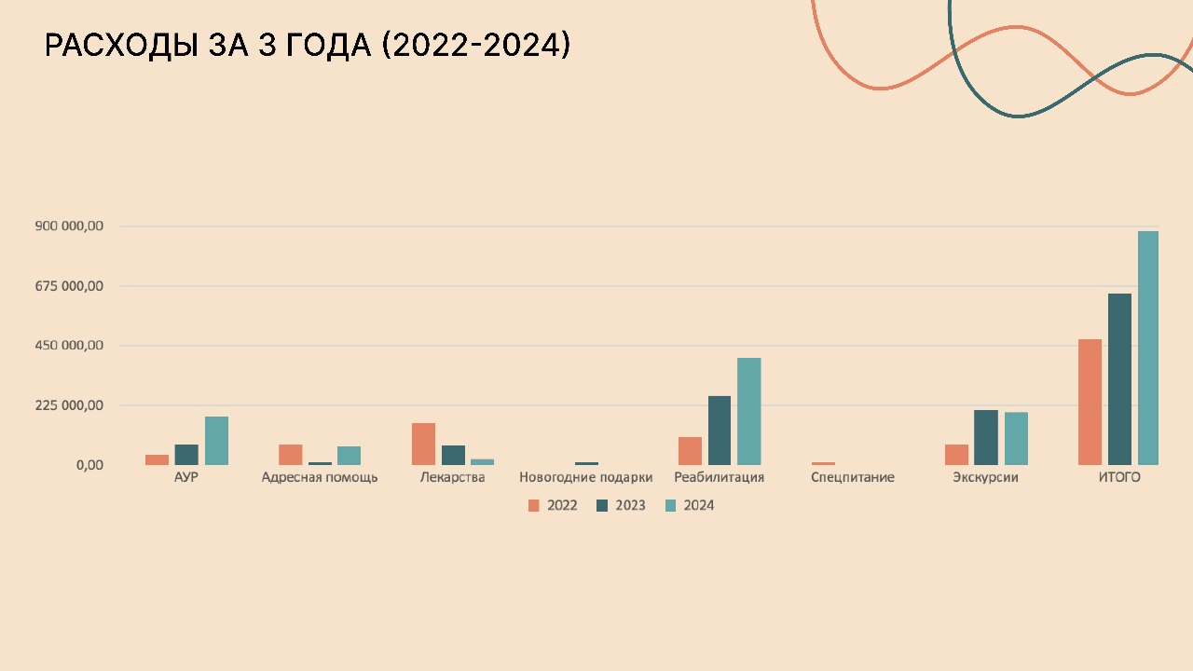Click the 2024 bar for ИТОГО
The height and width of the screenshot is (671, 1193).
pyautogui.click(x=1147, y=348)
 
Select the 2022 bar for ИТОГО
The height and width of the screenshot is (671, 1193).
pyautogui.click(x=1090, y=402)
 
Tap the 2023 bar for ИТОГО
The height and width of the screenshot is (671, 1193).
pyautogui.click(x=1119, y=379)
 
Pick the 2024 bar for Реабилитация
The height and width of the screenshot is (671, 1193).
pyautogui.click(x=748, y=411)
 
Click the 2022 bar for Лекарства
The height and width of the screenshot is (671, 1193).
pyautogui.click(x=423, y=444)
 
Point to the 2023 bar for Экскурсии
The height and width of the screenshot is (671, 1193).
pyautogui.click(x=986, y=437)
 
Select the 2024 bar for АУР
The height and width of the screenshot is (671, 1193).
pyautogui.click(x=216, y=440)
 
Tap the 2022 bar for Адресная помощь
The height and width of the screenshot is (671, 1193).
pyautogui.click(x=290, y=454)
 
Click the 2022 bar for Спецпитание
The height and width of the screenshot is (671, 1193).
pyautogui.click(x=823, y=463)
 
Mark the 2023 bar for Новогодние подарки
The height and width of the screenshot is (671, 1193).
pyautogui.click(x=586, y=463)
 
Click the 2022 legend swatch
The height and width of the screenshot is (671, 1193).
pyautogui.click(x=534, y=505)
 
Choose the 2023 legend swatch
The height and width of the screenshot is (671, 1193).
pyautogui.click(x=602, y=505)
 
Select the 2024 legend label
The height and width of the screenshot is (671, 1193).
pyautogui.click(x=699, y=505)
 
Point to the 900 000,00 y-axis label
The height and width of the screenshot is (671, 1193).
pyautogui.click(x=69, y=226)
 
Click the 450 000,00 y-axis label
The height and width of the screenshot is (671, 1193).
pyautogui.click(x=69, y=346)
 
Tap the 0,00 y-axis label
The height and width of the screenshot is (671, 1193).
pyautogui.click(x=89, y=465)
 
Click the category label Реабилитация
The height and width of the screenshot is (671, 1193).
pyautogui.click(x=719, y=477)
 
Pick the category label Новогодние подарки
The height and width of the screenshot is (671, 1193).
pyautogui.click(x=585, y=477)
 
